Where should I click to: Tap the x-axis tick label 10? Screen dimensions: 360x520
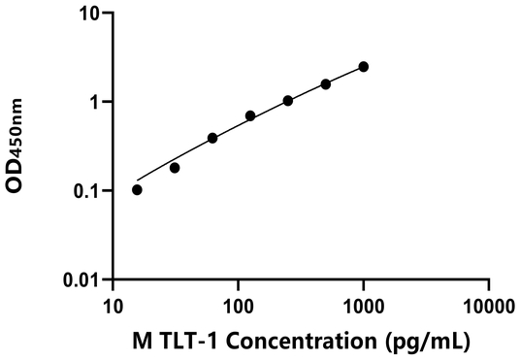(114, 306)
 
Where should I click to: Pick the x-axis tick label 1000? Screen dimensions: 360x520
(364, 306)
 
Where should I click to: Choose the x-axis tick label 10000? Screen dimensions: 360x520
(488, 306)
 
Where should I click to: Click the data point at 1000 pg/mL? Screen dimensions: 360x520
(364, 67)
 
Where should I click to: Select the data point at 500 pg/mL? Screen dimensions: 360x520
(326, 84)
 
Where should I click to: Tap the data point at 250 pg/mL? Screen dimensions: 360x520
(288, 101)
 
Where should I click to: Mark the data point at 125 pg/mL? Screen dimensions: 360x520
(250, 115)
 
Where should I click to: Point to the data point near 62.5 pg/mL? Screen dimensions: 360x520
(212, 138)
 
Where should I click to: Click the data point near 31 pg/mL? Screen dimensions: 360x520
(175, 168)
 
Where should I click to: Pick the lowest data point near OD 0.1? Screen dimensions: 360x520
(137, 189)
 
